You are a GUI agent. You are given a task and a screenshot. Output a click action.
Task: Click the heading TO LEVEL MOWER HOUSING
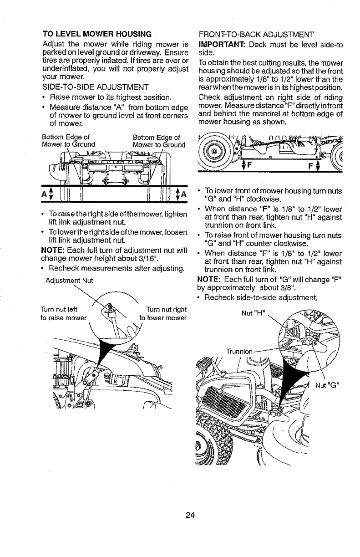pos(97,34)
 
